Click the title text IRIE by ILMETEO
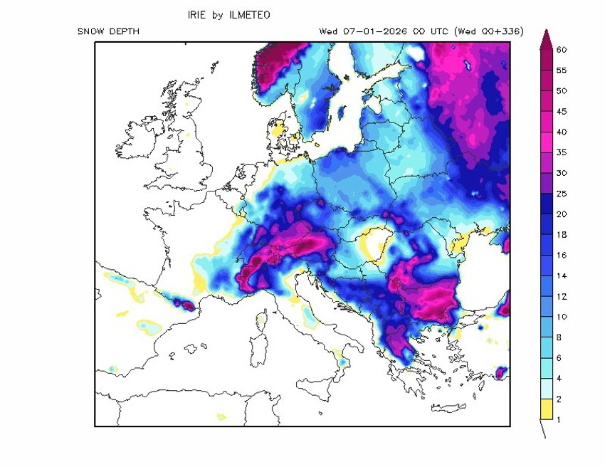point(228,15)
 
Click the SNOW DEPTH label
point(108,32)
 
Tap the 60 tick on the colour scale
point(562,50)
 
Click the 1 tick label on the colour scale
point(559,419)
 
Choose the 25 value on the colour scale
point(562,194)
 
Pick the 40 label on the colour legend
point(562,132)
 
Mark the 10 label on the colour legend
point(562,317)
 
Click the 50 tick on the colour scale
point(562,91)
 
